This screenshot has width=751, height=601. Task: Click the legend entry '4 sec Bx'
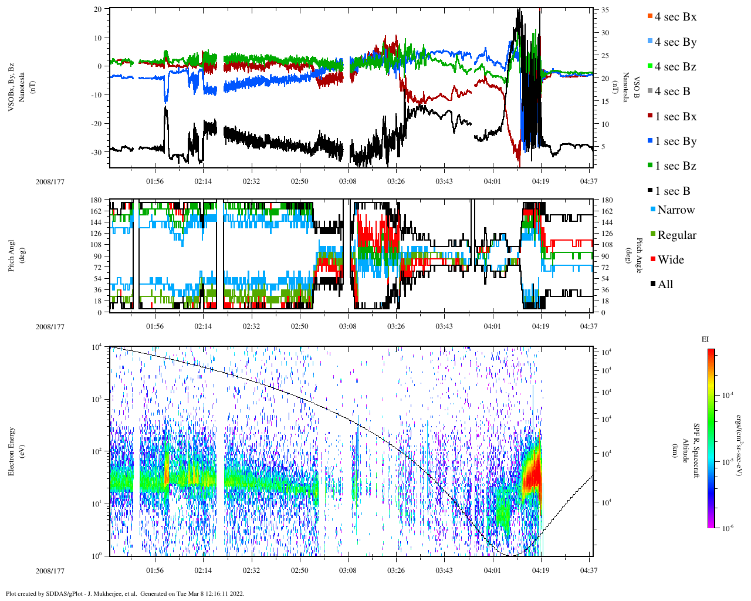(x=675, y=17)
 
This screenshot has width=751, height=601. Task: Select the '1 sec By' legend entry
(x=675, y=141)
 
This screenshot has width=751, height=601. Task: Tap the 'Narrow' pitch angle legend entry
(x=675, y=210)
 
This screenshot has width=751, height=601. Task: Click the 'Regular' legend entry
(x=676, y=235)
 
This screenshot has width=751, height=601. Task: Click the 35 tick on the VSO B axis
(x=605, y=11)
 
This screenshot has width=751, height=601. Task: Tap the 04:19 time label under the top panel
(x=540, y=181)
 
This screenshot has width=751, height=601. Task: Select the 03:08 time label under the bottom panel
(x=348, y=571)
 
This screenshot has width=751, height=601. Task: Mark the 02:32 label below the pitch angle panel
(x=251, y=326)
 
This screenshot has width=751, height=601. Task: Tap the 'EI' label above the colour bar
(x=705, y=339)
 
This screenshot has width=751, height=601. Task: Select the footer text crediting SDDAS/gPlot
(x=125, y=593)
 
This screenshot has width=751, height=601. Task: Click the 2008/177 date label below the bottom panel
(x=50, y=571)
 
